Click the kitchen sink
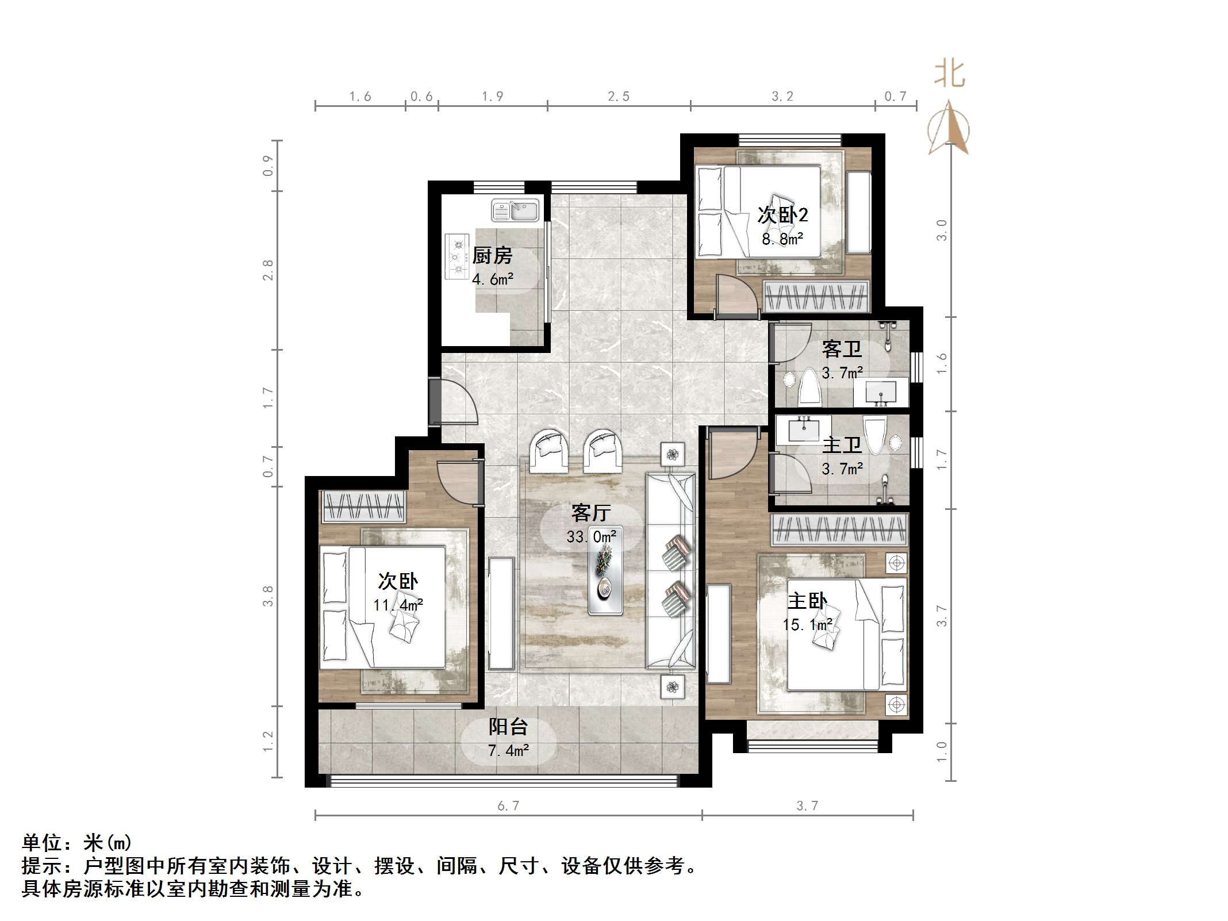[x=515, y=210]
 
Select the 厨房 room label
[x=492, y=256]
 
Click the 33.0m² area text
[x=591, y=536]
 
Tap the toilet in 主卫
[x=875, y=436]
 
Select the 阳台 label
[x=508, y=727]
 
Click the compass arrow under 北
[x=949, y=128]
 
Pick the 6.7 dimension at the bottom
[x=508, y=806]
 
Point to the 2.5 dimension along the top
[x=619, y=97]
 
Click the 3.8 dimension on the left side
[x=268, y=596]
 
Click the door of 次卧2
[x=737, y=296]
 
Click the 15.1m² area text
[x=808, y=625]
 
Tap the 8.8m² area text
[x=782, y=239]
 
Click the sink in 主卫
[x=803, y=428]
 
